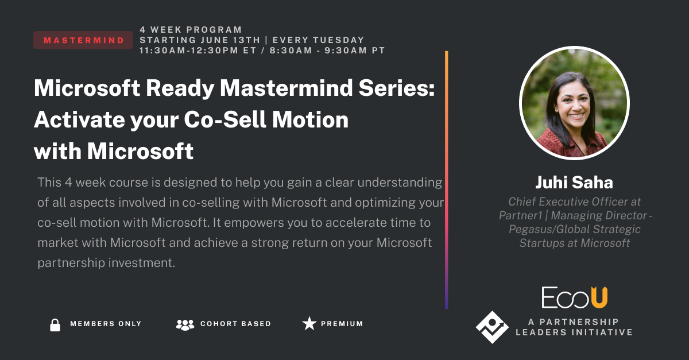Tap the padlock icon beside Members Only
coord(55,324)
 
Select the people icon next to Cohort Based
coord(185,324)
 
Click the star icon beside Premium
coord(309,324)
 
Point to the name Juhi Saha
coord(574,183)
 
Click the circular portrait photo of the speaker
coord(574,103)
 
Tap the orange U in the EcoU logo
coord(599,297)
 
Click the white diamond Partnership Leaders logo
coord(492,327)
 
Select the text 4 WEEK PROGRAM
coord(191,30)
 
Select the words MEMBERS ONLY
coord(106,324)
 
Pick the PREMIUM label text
coord(342,324)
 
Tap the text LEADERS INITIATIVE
coord(574,332)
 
